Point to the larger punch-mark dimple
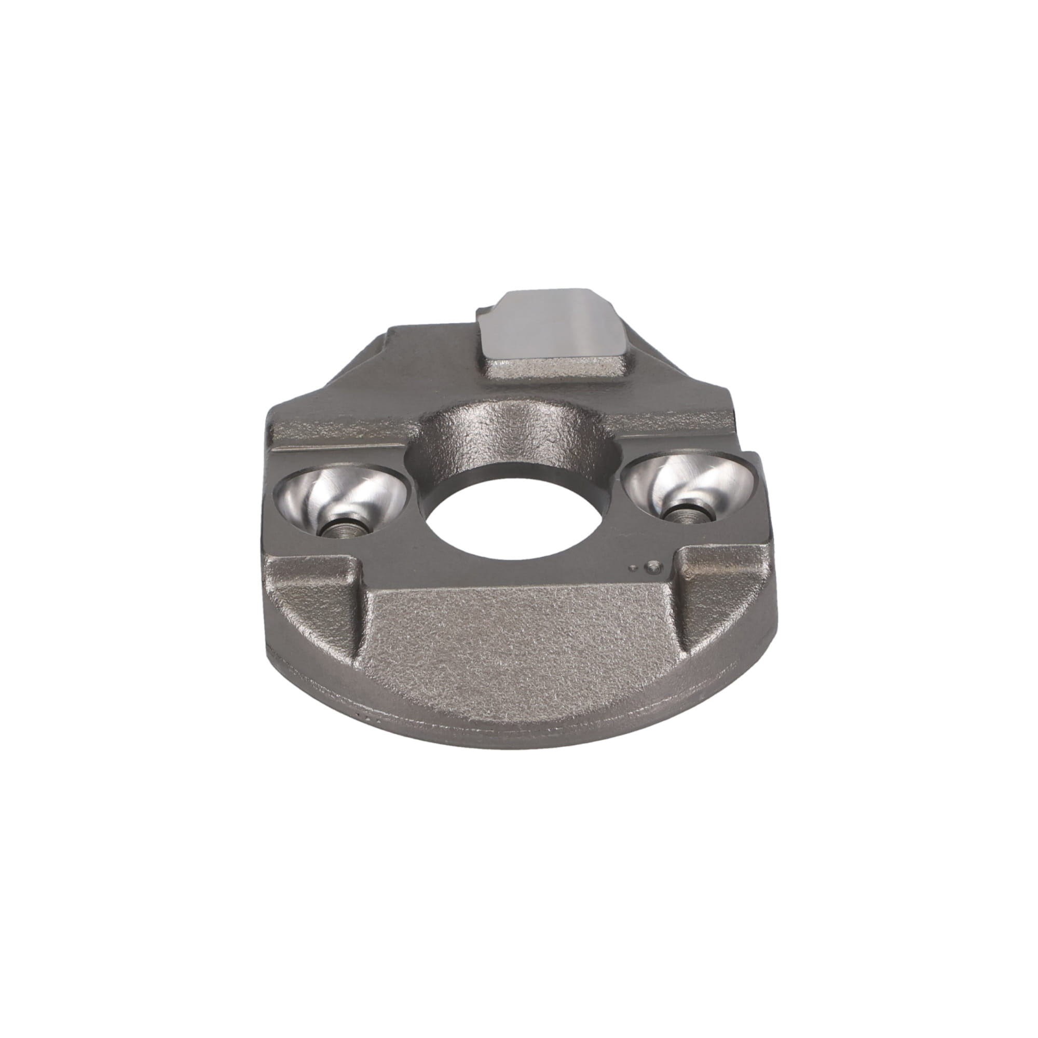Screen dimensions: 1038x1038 click(x=653, y=566)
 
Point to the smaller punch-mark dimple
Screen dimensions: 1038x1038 click(x=636, y=567)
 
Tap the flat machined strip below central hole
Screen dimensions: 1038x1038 click(x=516, y=578)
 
